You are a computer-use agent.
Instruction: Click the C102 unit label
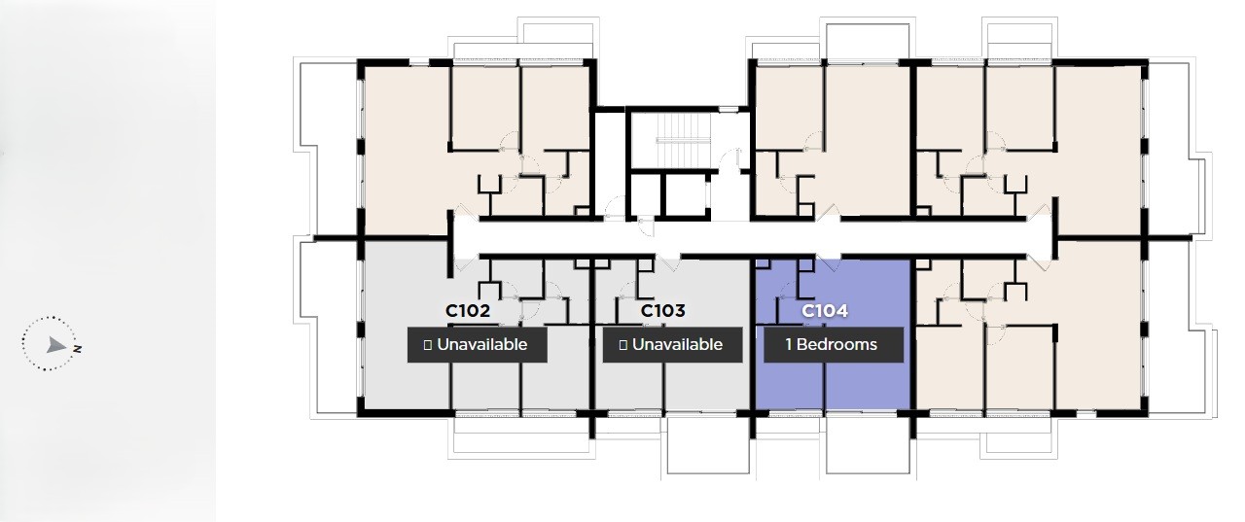coord(468,310)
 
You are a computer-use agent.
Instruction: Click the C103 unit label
coord(662,310)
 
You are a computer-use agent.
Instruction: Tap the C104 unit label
coord(824,310)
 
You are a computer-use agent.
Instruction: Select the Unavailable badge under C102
coord(477,345)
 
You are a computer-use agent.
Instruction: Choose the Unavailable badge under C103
coord(672,345)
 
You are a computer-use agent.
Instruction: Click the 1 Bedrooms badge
coord(834,345)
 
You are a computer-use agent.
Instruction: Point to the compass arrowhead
coord(55,345)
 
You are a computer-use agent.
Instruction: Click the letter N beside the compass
coord(77,349)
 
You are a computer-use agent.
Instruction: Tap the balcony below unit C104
coord(868,445)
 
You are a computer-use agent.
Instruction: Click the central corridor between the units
coord(750,238)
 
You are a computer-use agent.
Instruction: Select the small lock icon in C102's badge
coord(427,345)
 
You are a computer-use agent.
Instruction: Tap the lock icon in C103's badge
coord(622,345)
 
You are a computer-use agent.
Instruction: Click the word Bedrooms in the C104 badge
coord(837,345)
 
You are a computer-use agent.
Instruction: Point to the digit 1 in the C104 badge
coord(789,345)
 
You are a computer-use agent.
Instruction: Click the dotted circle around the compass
coord(22,343)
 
